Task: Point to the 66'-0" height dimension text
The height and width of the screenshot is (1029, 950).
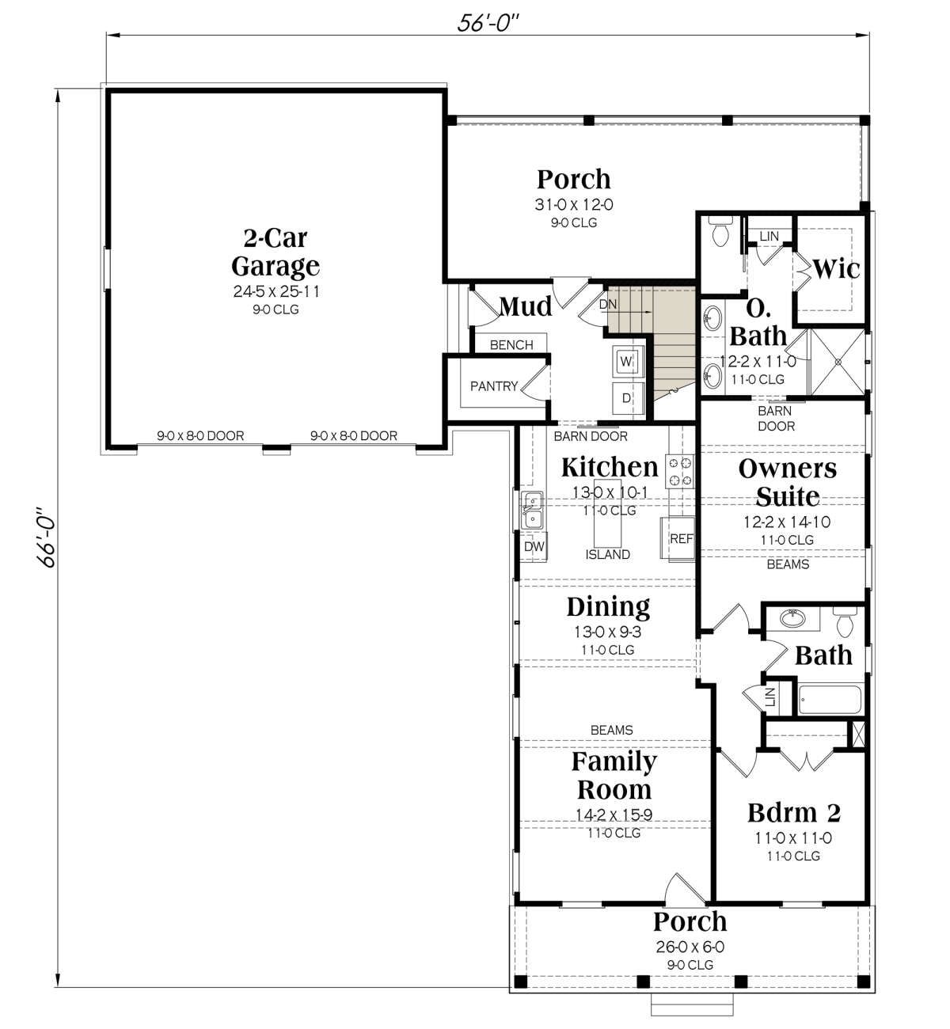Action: tap(47, 537)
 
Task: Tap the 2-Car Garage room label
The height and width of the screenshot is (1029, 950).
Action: tap(275, 253)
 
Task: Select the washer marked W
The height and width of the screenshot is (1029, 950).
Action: tap(626, 361)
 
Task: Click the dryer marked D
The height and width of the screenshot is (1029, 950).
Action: tap(627, 398)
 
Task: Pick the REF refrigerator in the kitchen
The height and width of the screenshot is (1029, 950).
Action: tap(678, 539)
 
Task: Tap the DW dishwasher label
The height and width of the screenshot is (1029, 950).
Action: tap(534, 546)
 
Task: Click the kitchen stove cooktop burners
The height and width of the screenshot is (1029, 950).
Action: tap(680, 472)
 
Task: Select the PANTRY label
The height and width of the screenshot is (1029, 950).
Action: tap(494, 386)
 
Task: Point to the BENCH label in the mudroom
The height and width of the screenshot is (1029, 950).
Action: tap(511, 344)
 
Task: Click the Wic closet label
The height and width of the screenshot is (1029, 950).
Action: tap(835, 268)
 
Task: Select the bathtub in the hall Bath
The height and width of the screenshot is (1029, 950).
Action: tap(830, 700)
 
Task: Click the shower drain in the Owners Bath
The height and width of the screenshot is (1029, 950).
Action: tap(838, 363)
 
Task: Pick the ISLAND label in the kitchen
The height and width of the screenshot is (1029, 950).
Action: tap(607, 554)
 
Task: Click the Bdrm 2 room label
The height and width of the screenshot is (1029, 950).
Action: tap(793, 812)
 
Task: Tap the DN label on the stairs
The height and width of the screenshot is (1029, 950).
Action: tap(607, 304)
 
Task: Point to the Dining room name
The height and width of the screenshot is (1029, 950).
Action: tap(608, 607)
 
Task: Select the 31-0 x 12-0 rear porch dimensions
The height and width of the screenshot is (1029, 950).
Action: tap(574, 205)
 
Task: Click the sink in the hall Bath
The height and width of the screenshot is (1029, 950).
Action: tap(792, 618)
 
